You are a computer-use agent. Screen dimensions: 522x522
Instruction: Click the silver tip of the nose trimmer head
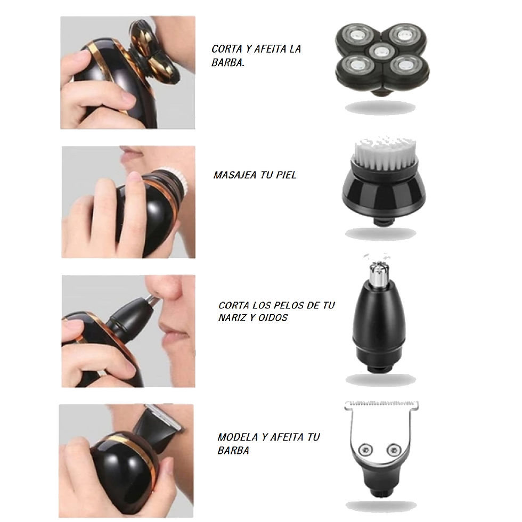(379, 273)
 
